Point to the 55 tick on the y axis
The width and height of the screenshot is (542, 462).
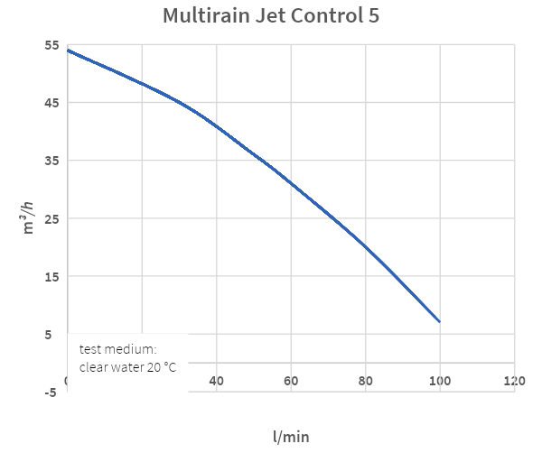[51, 45]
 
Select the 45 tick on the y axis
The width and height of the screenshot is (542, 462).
[51, 102]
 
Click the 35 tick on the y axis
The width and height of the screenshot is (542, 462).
[51, 161]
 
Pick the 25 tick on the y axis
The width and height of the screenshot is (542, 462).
[51, 218]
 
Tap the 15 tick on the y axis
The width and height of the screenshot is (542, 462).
[51, 276]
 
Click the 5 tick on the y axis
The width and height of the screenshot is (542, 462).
[54, 335]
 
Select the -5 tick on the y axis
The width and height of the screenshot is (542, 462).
[51, 393]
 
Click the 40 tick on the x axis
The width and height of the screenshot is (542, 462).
[217, 381]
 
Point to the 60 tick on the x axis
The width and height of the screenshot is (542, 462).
[291, 381]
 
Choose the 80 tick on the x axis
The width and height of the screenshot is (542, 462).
[365, 381]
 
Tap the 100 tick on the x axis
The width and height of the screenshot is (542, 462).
[439, 381]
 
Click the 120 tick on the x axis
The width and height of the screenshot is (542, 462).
[514, 381]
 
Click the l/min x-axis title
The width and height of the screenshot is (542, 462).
[291, 437]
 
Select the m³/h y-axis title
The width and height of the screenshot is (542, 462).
[29, 217]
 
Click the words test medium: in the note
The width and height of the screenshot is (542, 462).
[118, 349]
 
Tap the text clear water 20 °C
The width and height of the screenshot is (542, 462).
[127, 367]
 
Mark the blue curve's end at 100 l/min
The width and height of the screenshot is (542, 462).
[439, 321]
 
